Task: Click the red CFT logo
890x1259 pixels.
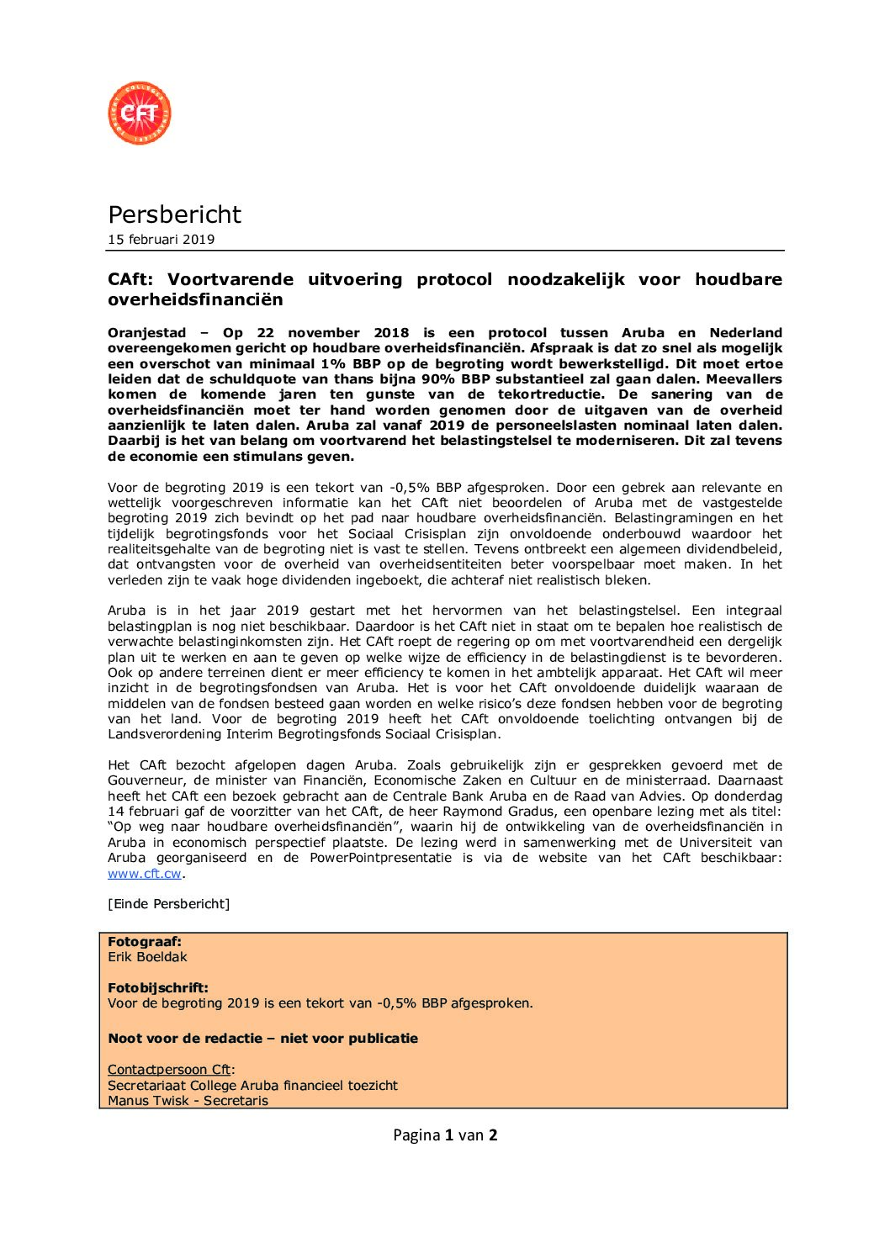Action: click(140, 113)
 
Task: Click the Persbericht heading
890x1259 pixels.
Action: click(174, 214)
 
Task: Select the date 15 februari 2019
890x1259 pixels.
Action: click(161, 240)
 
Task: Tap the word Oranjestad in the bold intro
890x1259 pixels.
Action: click(146, 333)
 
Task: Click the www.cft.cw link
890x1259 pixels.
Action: click(145, 874)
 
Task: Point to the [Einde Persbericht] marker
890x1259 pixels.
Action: click(168, 904)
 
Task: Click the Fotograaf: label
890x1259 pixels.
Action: click(144, 942)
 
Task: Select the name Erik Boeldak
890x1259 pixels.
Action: click(147, 957)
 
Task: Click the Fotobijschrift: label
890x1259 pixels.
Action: click(157, 988)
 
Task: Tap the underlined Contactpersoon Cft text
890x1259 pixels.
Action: click(169, 1070)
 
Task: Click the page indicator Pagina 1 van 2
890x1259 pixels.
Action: click(445, 1135)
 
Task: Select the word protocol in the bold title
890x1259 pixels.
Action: click(454, 279)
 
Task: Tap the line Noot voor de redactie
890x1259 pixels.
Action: click(262, 1039)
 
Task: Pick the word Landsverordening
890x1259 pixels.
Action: click(165, 734)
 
